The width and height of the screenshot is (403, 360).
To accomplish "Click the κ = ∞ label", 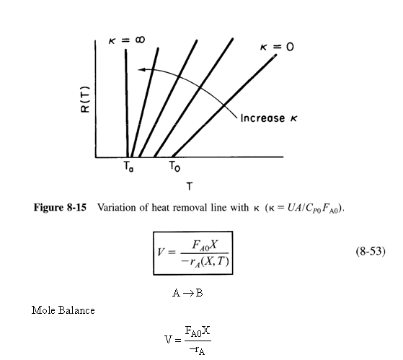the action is click(x=127, y=40).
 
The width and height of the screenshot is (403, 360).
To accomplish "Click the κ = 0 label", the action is click(x=277, y=47).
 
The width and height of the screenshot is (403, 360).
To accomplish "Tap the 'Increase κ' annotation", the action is click(x=269, y=118).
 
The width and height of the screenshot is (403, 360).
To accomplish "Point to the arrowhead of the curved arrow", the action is click(x=141, y=69).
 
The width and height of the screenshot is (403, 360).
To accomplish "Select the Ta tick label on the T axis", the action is click(x=128, y=167).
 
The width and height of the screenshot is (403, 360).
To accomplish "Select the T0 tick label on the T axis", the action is click(x=174, y=167).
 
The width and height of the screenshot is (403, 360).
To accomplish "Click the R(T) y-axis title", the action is click(x=85, y=100).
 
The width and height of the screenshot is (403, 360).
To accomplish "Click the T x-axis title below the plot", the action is click(x=190, y=185).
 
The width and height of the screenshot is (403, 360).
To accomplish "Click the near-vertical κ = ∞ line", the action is click(x=127, y=103).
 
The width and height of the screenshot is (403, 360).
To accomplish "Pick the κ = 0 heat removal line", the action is click(x=224, y=105).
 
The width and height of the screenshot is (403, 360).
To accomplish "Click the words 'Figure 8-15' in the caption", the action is click(x=60, y=208).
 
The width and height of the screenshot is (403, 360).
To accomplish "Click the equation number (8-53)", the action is click(x=371, y=251).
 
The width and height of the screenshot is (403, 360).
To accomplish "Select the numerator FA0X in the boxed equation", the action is click(x=205, y=245).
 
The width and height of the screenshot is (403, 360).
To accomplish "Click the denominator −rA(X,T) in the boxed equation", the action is click(x=205, y=262).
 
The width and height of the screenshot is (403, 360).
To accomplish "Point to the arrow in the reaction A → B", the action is click(x=188, y=293).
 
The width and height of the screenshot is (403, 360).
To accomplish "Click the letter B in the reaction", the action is click(x=199, y=293).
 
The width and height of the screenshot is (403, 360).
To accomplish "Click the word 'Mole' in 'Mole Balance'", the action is click(x=43, y=310).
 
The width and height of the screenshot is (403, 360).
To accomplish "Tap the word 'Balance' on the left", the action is click(x=76, y=310).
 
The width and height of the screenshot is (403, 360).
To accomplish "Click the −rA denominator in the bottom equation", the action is click(x=197, y=350).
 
